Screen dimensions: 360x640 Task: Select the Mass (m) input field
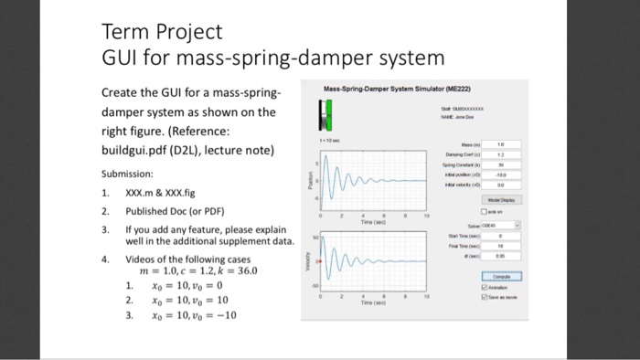coord(501,143)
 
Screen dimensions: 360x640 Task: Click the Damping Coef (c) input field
coord(501,154)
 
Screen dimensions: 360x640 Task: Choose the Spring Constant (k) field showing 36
coord(501,164)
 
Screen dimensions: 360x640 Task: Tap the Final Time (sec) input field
coord(501,247)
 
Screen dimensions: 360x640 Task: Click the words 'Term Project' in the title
coord(161,33)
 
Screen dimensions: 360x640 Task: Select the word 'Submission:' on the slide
coord(127,174)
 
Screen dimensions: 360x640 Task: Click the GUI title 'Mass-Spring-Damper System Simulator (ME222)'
coord(394,90)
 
